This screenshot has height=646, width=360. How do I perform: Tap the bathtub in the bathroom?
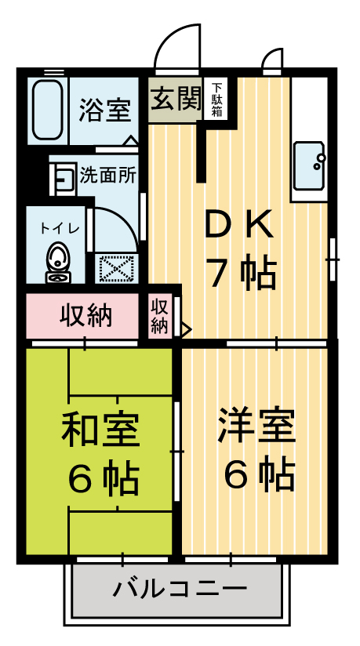(49, 108)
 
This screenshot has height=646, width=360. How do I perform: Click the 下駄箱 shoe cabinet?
(216, 100)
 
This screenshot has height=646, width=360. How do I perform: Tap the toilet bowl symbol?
(57, 261)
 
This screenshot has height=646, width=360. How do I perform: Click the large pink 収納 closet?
(86, 316)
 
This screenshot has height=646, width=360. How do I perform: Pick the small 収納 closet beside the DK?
(159, 315)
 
